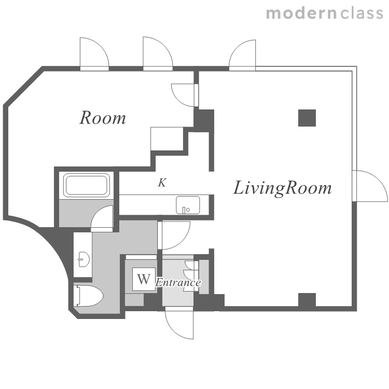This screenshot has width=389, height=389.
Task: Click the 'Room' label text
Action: [x=103, y=118]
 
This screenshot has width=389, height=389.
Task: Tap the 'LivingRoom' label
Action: [x=282, y=188]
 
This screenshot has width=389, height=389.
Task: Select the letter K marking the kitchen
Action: [x=162, y=183]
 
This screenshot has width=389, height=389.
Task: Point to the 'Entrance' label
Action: [x=178, y=282]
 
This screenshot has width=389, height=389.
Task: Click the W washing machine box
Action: [x=144, y=279]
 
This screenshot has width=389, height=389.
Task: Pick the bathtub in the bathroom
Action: [x=87, y=185]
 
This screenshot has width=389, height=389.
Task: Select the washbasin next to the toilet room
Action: [x=84, y=259]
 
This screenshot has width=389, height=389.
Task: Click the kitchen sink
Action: [x=188, y=205]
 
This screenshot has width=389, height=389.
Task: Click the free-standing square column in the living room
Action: [x=307, y=118]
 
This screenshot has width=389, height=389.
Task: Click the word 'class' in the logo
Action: [x=362, y=13]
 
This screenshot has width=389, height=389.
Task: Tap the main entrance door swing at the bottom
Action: [x=179, y=323]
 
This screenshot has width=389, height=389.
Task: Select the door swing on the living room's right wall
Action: [x=370, y=186]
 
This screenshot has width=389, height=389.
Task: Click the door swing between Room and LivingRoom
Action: [x=185, y=95]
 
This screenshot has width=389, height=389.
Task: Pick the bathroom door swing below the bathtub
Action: [x=102, y=218]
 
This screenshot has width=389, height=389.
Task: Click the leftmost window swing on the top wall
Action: [x=94, y=52]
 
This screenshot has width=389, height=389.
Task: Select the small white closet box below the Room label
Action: [x=167, y=139]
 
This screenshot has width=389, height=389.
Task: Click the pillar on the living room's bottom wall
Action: [x=307, y=300]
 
